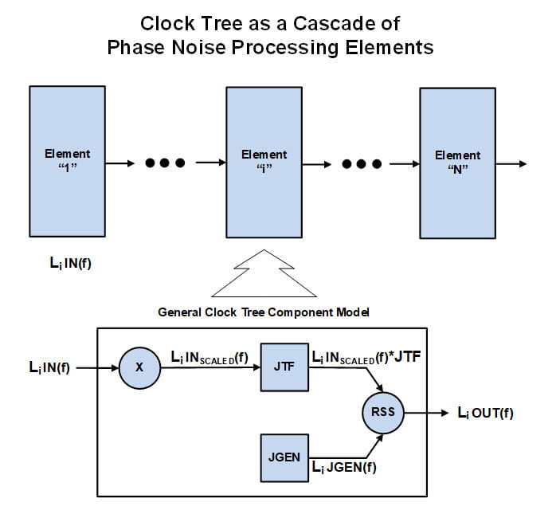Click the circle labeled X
point(139,368)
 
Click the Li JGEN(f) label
point(343,467)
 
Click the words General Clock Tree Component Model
point(263,312)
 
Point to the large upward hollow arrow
point(263,274)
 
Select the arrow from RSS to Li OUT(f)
point(425,414)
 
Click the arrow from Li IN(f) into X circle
point(99,368)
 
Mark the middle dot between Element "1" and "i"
point(165,163)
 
